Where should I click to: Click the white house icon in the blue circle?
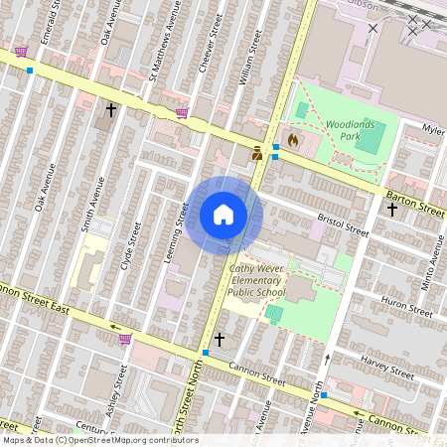click(223, 215)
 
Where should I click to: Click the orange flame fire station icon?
click(293, 140)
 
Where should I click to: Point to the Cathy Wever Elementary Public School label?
click(256, 280)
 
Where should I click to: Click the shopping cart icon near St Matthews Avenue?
click(182, 113)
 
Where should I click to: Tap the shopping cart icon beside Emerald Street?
click(21, 52)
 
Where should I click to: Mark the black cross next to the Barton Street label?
click(392, 210)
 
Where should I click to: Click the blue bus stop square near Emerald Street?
click(31, 71)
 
